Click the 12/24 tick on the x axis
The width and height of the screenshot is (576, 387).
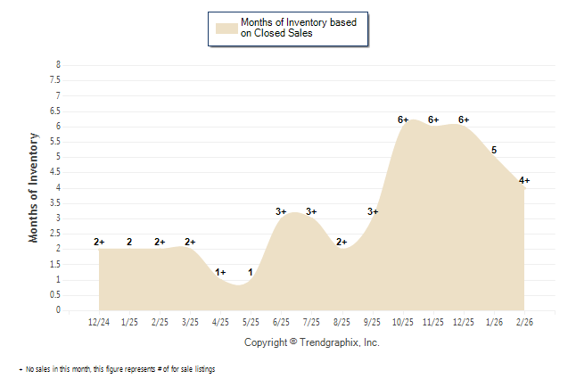pyautogui.click(x=99, y=321)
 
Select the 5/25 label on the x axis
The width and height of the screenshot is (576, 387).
pyautogui.click(x=251, y=321)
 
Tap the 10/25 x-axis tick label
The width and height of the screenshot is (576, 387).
pyautogui.click(x=402, y=321)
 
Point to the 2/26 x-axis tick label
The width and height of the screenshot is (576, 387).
pyautogui.click(x=524, y=321)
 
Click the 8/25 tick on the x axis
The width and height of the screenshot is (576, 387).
pyautogui.click(x=341, y=321)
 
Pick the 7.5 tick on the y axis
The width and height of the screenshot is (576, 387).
pyautogui.click(x=57, y=80)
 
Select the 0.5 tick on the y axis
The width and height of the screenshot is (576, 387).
pyautogui.click(x=57, y=295)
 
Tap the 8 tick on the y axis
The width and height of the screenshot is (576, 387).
pyautogui.click(x=59, y=65)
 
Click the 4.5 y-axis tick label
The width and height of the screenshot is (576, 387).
pyautogui.click(x=57, y=172)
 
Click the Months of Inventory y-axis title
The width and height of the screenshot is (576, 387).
pyautogui.click(x=34, y=187)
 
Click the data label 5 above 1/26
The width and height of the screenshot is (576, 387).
pyautogui.click(x=494, y=150)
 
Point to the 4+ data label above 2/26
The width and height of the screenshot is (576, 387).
pyautogui.click(x=524, y=180)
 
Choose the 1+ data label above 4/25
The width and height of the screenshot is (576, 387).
pyautogui.click(x=220, y=272)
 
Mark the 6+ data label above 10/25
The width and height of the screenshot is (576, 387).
pyautogui.click(x=403, y=119)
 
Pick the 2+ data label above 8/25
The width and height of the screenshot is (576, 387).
pyautogui.click(x=341, y=242)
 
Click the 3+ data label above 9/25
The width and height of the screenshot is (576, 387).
pyautogui.click(x=373, y=211)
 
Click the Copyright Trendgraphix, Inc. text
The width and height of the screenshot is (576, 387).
pyautogui.click(x=312, y=342)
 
